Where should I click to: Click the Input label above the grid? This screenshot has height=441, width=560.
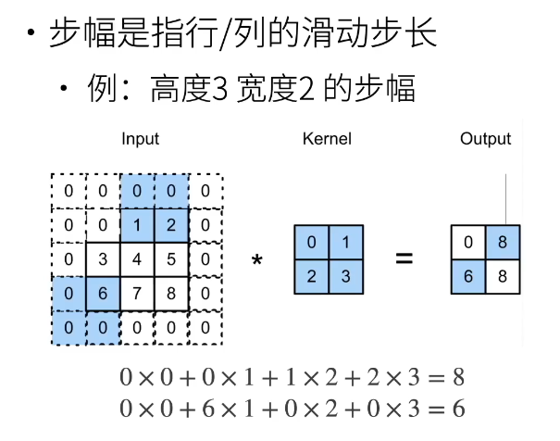click(141, 139)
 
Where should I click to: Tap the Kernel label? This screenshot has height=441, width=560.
click(327, 139)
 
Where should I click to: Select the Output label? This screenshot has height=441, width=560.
click(485, 139)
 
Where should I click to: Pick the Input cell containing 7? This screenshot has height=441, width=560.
click(138, 294)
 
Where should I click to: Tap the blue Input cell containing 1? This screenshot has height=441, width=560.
click(138, 225)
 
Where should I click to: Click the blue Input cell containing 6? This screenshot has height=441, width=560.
click(103, 294)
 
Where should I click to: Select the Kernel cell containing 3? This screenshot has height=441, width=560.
click(345, 277)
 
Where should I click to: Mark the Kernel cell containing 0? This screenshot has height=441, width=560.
click(311, 243)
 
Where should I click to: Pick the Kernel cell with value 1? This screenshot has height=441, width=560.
click(345, 243)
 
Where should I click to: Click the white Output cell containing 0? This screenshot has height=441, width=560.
click(468, 243)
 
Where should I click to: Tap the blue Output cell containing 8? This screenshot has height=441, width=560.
click(503, 243)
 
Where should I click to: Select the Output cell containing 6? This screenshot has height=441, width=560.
click(468, 277)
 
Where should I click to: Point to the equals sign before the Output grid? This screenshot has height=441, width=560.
click(404, 259)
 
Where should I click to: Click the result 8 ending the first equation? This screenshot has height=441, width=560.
click(455, 377)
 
